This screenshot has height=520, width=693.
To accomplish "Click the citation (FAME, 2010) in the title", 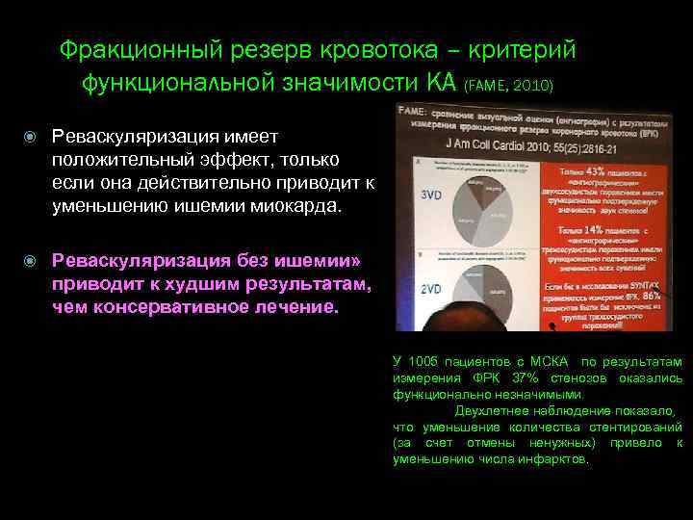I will point(509,86).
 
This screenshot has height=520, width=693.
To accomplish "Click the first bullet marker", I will point(33,140).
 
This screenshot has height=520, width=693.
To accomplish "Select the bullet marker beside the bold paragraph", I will point(33,260).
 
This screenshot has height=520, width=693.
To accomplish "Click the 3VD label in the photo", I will point(429,194).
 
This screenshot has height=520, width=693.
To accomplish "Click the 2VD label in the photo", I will point(429,289).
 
